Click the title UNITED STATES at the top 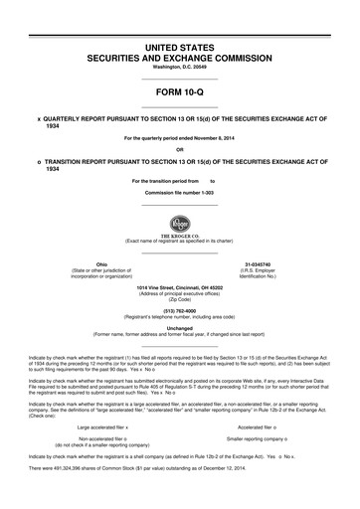179,48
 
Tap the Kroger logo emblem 179,222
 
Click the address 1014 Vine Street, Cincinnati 179,287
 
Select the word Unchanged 179,326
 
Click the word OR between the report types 179,150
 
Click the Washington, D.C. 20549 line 179,67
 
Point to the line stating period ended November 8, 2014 179,137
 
